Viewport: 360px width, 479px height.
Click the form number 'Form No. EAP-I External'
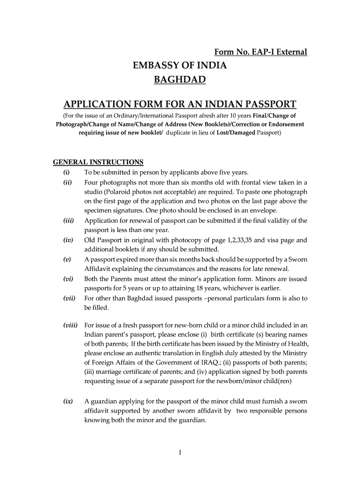pos(260,52)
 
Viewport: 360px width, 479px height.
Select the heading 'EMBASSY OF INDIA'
pos(180,65)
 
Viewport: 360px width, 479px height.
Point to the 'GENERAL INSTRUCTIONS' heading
pos(98,162)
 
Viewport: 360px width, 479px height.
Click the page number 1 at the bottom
pos(180,452)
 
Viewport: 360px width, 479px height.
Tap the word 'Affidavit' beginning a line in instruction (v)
pos(98,269)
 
